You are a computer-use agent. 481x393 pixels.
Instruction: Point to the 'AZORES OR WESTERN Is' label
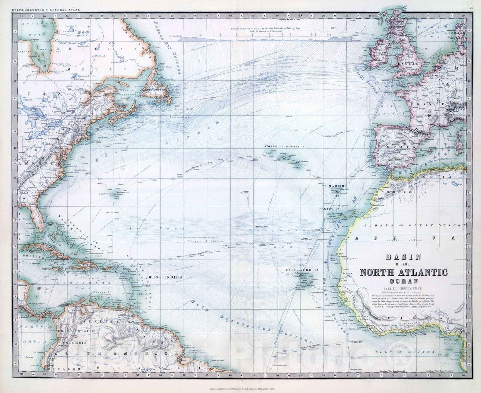click(287, 146)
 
